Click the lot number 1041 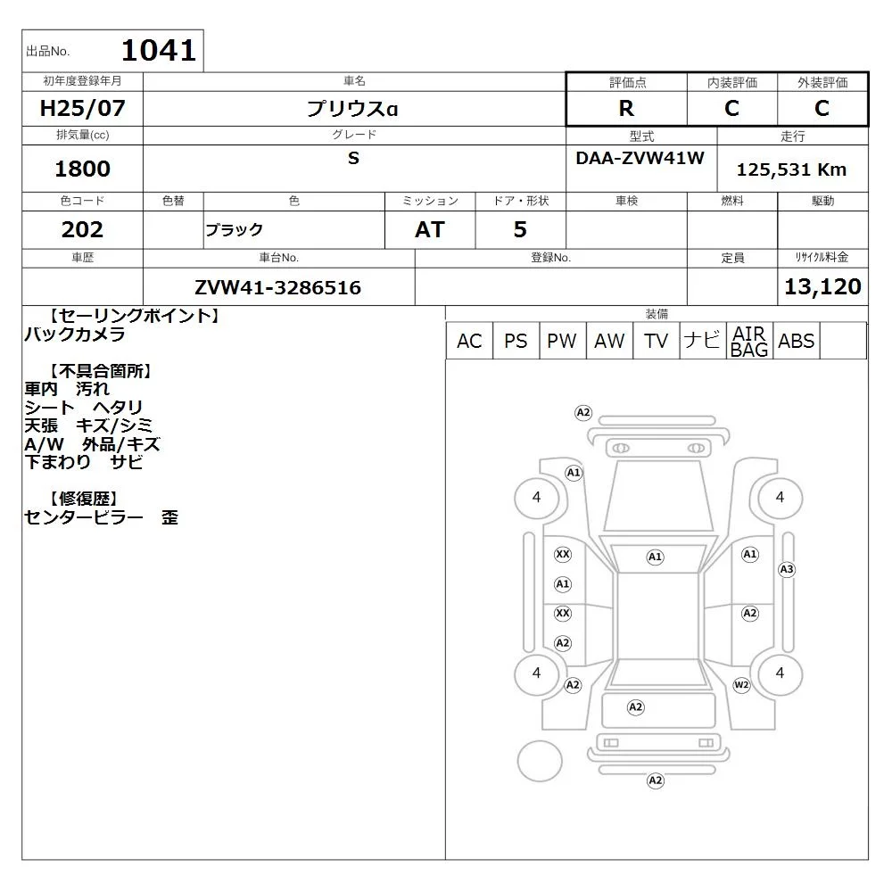click(x=159, y=50)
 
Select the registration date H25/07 click(x=82, y=108)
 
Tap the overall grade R click(x=626, y=108)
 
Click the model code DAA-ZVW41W click(x=640, y=158)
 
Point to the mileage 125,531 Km click(x=791, y=169)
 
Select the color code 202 click(x=82, y=229)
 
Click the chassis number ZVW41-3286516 click(x=277, y=287)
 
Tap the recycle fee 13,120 click(x=822, y=286)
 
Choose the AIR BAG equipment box click(x=749, y=341)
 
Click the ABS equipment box click(x=796, y=341)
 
